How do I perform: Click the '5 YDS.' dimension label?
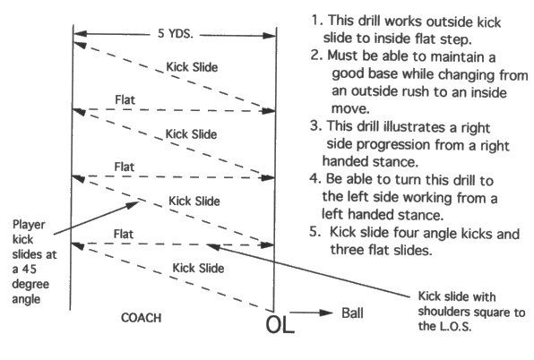pos(175,37)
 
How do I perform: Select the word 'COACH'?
pos(142,317)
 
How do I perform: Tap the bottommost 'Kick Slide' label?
pos(196,267)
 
